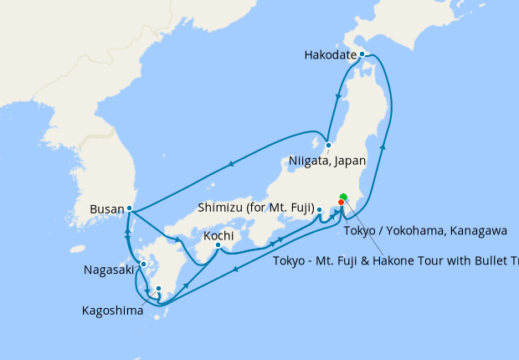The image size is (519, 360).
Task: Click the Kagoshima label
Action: pyautogui.click(x=112, y=310)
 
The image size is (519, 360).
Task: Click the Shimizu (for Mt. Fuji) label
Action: pyautogui.click(x=254, y=207)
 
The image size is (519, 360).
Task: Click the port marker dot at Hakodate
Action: pyautogui.click(x=362, y=54)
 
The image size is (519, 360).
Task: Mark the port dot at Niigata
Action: pyautogui.click(x=329, y=144)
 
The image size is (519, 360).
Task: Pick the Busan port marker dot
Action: pyautogui.click(x=129, y=208)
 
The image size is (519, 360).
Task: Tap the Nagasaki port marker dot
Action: pyautogui.click(x=143, y=264)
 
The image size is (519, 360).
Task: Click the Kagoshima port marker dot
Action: pyautogui.click(x=158, y=290)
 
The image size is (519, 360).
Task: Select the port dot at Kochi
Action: pyautogui.click(x=218, y=245)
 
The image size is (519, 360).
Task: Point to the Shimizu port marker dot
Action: pyautogui.click(x=320, y=209)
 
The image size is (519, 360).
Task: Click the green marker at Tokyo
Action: pyautogui.click(x=343, y=197)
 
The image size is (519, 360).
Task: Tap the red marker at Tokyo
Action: pyautogui.click(x=341, y=202)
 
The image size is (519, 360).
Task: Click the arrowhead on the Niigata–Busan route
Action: pyautogui.click(x=230, y=167)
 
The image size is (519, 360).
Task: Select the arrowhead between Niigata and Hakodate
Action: pyautogui.click(x=337, y=98)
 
